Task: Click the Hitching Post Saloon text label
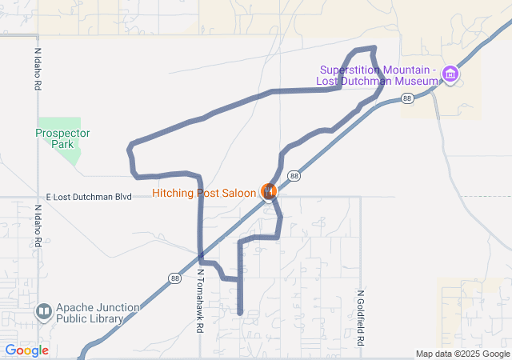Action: point(206,193)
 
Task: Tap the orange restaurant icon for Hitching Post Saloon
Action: point(269,192)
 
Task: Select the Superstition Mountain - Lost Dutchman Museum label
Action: point(378,75)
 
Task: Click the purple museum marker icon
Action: point(450,75)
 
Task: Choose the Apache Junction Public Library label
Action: point(90,313)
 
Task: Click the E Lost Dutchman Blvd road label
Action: point(89,196)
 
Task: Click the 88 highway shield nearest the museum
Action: point(408,98)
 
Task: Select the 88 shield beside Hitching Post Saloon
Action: point(294,176)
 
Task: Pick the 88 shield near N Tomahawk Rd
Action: point(174,278)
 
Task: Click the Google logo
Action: point(26,350)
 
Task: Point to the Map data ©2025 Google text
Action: point(462,354)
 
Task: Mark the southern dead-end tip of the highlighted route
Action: point(240,312)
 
